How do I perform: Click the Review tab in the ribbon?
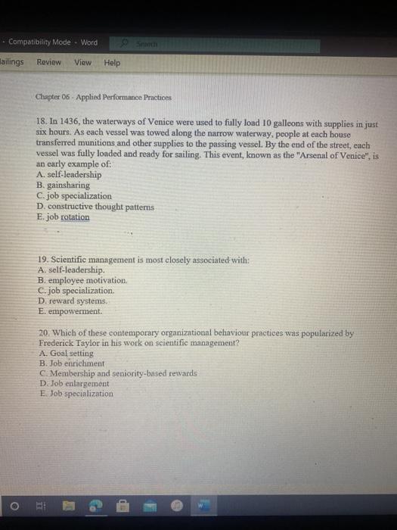point(49,63)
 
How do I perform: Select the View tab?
point(82,63)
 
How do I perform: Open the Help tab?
point(112,63)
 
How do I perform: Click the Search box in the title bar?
point(150,43)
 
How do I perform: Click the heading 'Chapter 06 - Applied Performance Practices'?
point(104,98)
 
